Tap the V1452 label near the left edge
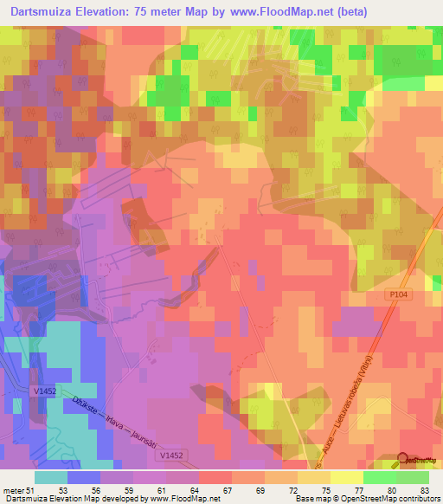pos(46,391)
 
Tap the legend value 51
pos(34,489)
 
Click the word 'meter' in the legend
pos(14,489)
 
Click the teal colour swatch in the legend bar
pos(51,477)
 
